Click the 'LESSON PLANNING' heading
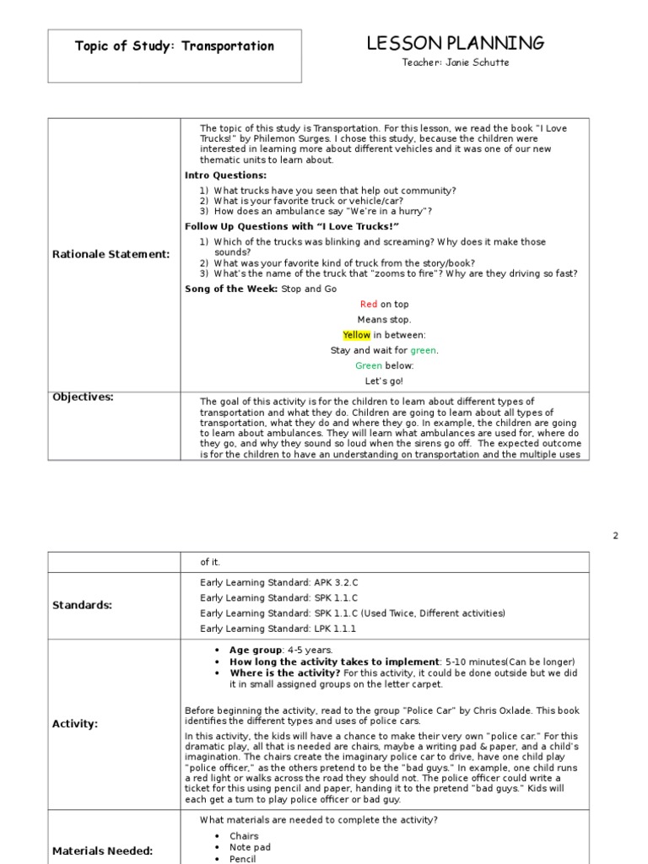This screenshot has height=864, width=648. click(455, 44)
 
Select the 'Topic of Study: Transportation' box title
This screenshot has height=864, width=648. click(175, 46)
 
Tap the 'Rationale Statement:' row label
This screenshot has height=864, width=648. click(111, 254)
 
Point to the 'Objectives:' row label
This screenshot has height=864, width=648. click(83, 397)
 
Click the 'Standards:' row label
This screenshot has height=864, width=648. click(82, 605)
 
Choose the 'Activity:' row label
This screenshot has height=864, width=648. click(75, 723)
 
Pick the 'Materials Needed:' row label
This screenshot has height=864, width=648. click(102, 851)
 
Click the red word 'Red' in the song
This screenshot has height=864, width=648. click(369, 305)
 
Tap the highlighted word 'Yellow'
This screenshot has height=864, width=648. click(356, 335)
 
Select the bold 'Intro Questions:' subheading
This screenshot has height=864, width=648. click(225, 175)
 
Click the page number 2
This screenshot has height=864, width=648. click(615, 536)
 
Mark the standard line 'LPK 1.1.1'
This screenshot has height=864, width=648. click(278, 629)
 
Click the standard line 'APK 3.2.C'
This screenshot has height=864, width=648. click(279, 581)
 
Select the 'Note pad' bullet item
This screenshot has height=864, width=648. click(250, 847)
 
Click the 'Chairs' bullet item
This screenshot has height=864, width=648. click(244, 836)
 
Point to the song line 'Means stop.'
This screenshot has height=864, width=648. click(384, 320)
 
